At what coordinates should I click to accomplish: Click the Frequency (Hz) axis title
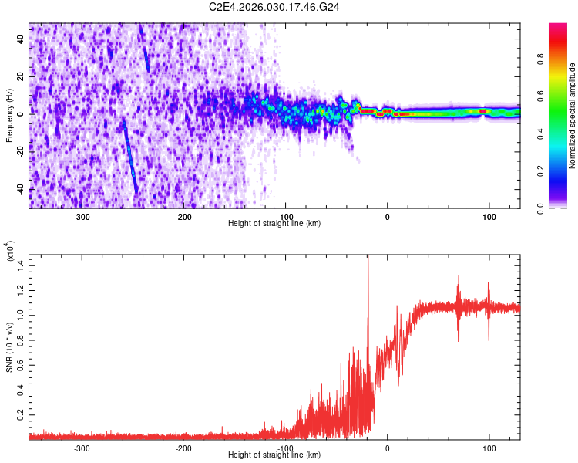click(9, 116)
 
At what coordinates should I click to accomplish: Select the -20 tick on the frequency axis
click(20, 151)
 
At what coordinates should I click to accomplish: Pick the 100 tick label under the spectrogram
click(489, 216)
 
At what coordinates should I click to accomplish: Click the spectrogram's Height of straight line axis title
click(275, 224)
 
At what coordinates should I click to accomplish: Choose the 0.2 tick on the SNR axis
click(20, 415)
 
